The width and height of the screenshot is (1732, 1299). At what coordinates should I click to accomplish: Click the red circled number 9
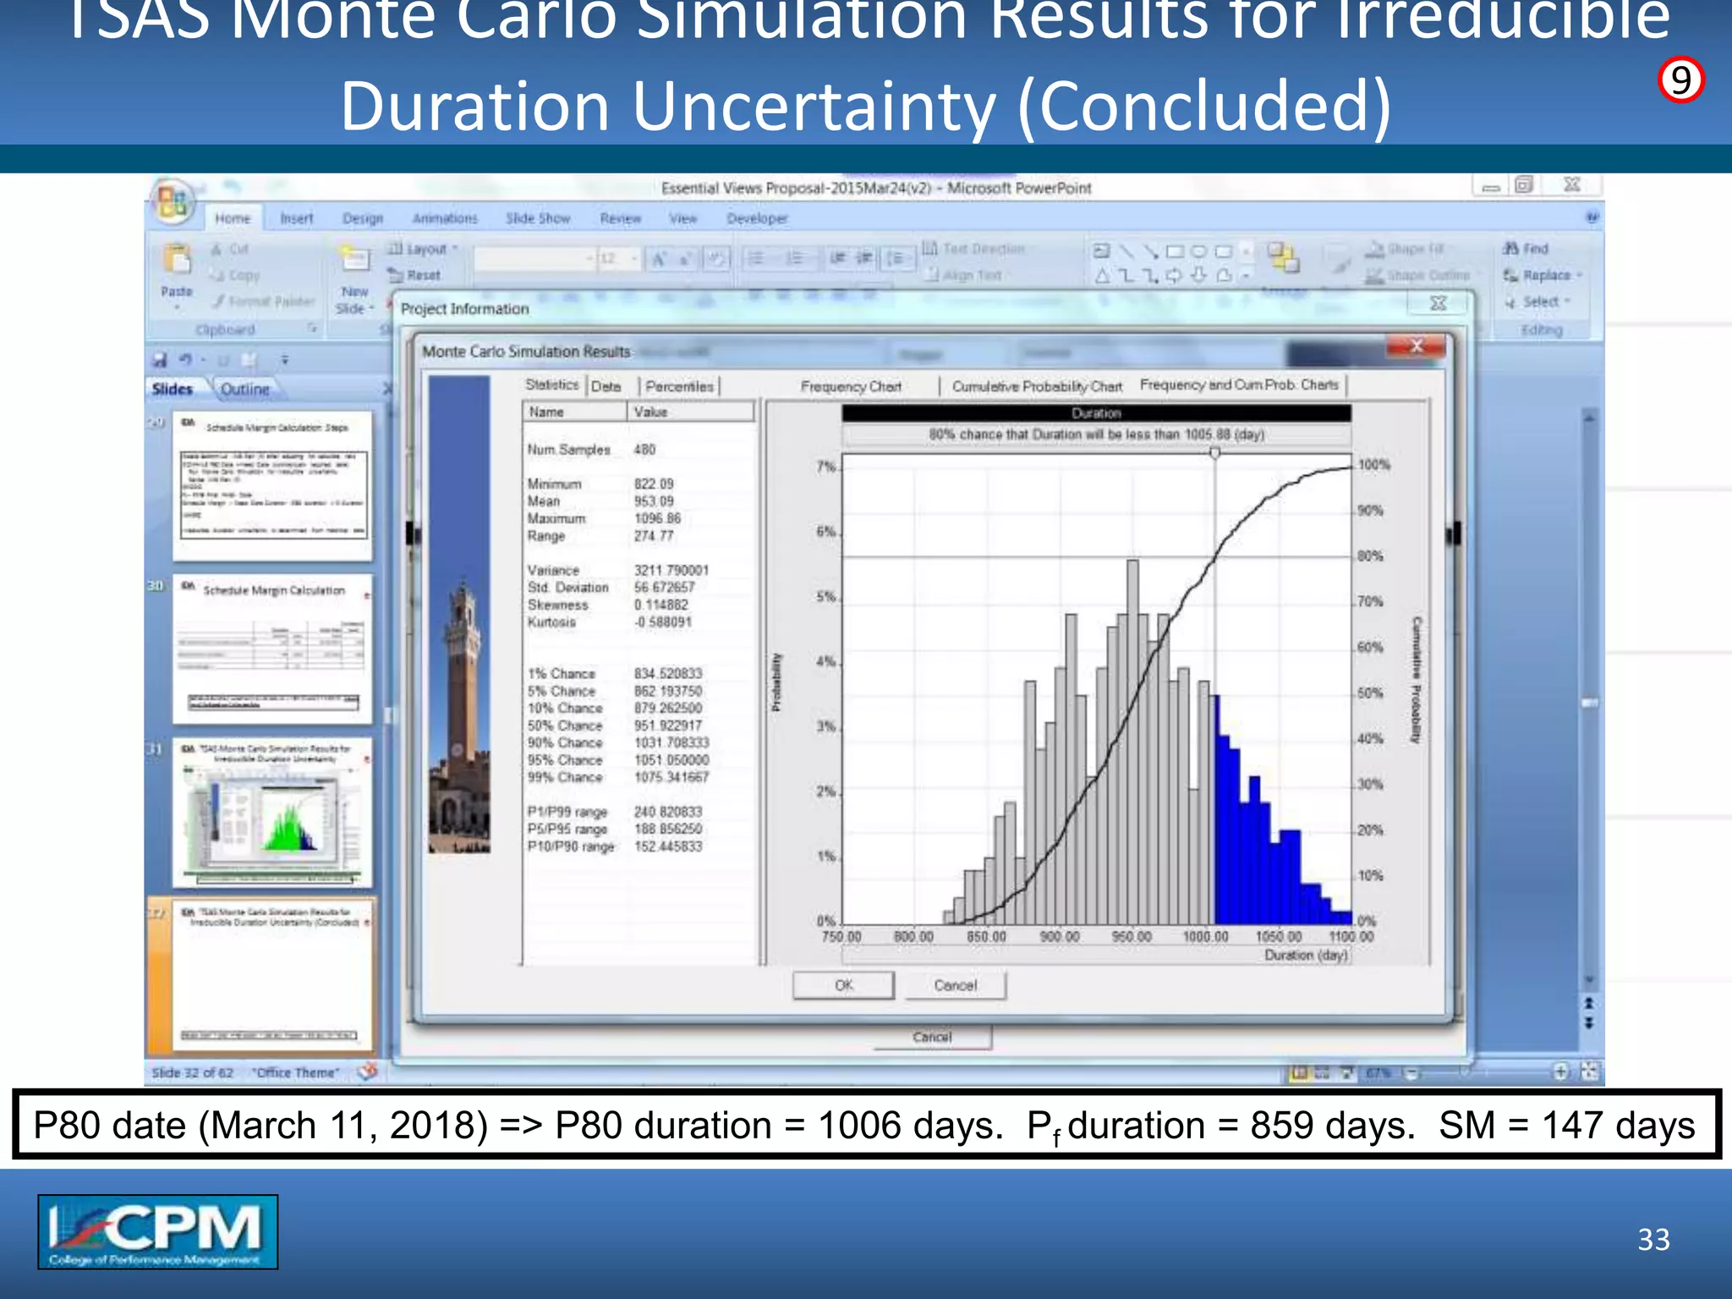point(1680,81)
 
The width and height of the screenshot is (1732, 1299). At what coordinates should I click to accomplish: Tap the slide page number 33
point(1653,1239)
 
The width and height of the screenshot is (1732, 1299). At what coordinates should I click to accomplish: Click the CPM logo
point(157,1231)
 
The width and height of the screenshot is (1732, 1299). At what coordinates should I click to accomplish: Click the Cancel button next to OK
point(955,985)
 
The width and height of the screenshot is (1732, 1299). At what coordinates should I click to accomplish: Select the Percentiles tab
point(678,386)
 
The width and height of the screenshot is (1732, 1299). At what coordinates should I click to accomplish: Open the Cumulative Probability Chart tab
point(1037,386)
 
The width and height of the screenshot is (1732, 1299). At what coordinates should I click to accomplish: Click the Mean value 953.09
point(654,502)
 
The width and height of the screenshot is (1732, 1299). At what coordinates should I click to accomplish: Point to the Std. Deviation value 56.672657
point(664,588)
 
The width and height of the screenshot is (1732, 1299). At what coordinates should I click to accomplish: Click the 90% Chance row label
point(565,743)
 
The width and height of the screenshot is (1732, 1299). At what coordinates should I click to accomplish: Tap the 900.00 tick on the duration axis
point(1059,937)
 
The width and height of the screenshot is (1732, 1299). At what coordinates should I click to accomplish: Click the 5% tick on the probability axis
point(825,597)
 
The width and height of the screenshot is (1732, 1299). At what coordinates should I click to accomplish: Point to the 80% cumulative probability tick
point(1370,556)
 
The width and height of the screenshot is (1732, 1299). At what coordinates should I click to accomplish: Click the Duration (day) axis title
point(1306,955)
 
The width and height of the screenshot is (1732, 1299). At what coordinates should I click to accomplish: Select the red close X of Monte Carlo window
point(1417,346)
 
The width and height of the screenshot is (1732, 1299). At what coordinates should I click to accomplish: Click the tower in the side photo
point(462,677)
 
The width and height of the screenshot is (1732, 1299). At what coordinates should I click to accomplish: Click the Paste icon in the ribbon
point(177,267)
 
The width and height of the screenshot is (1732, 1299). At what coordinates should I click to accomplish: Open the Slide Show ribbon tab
point(538,218)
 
